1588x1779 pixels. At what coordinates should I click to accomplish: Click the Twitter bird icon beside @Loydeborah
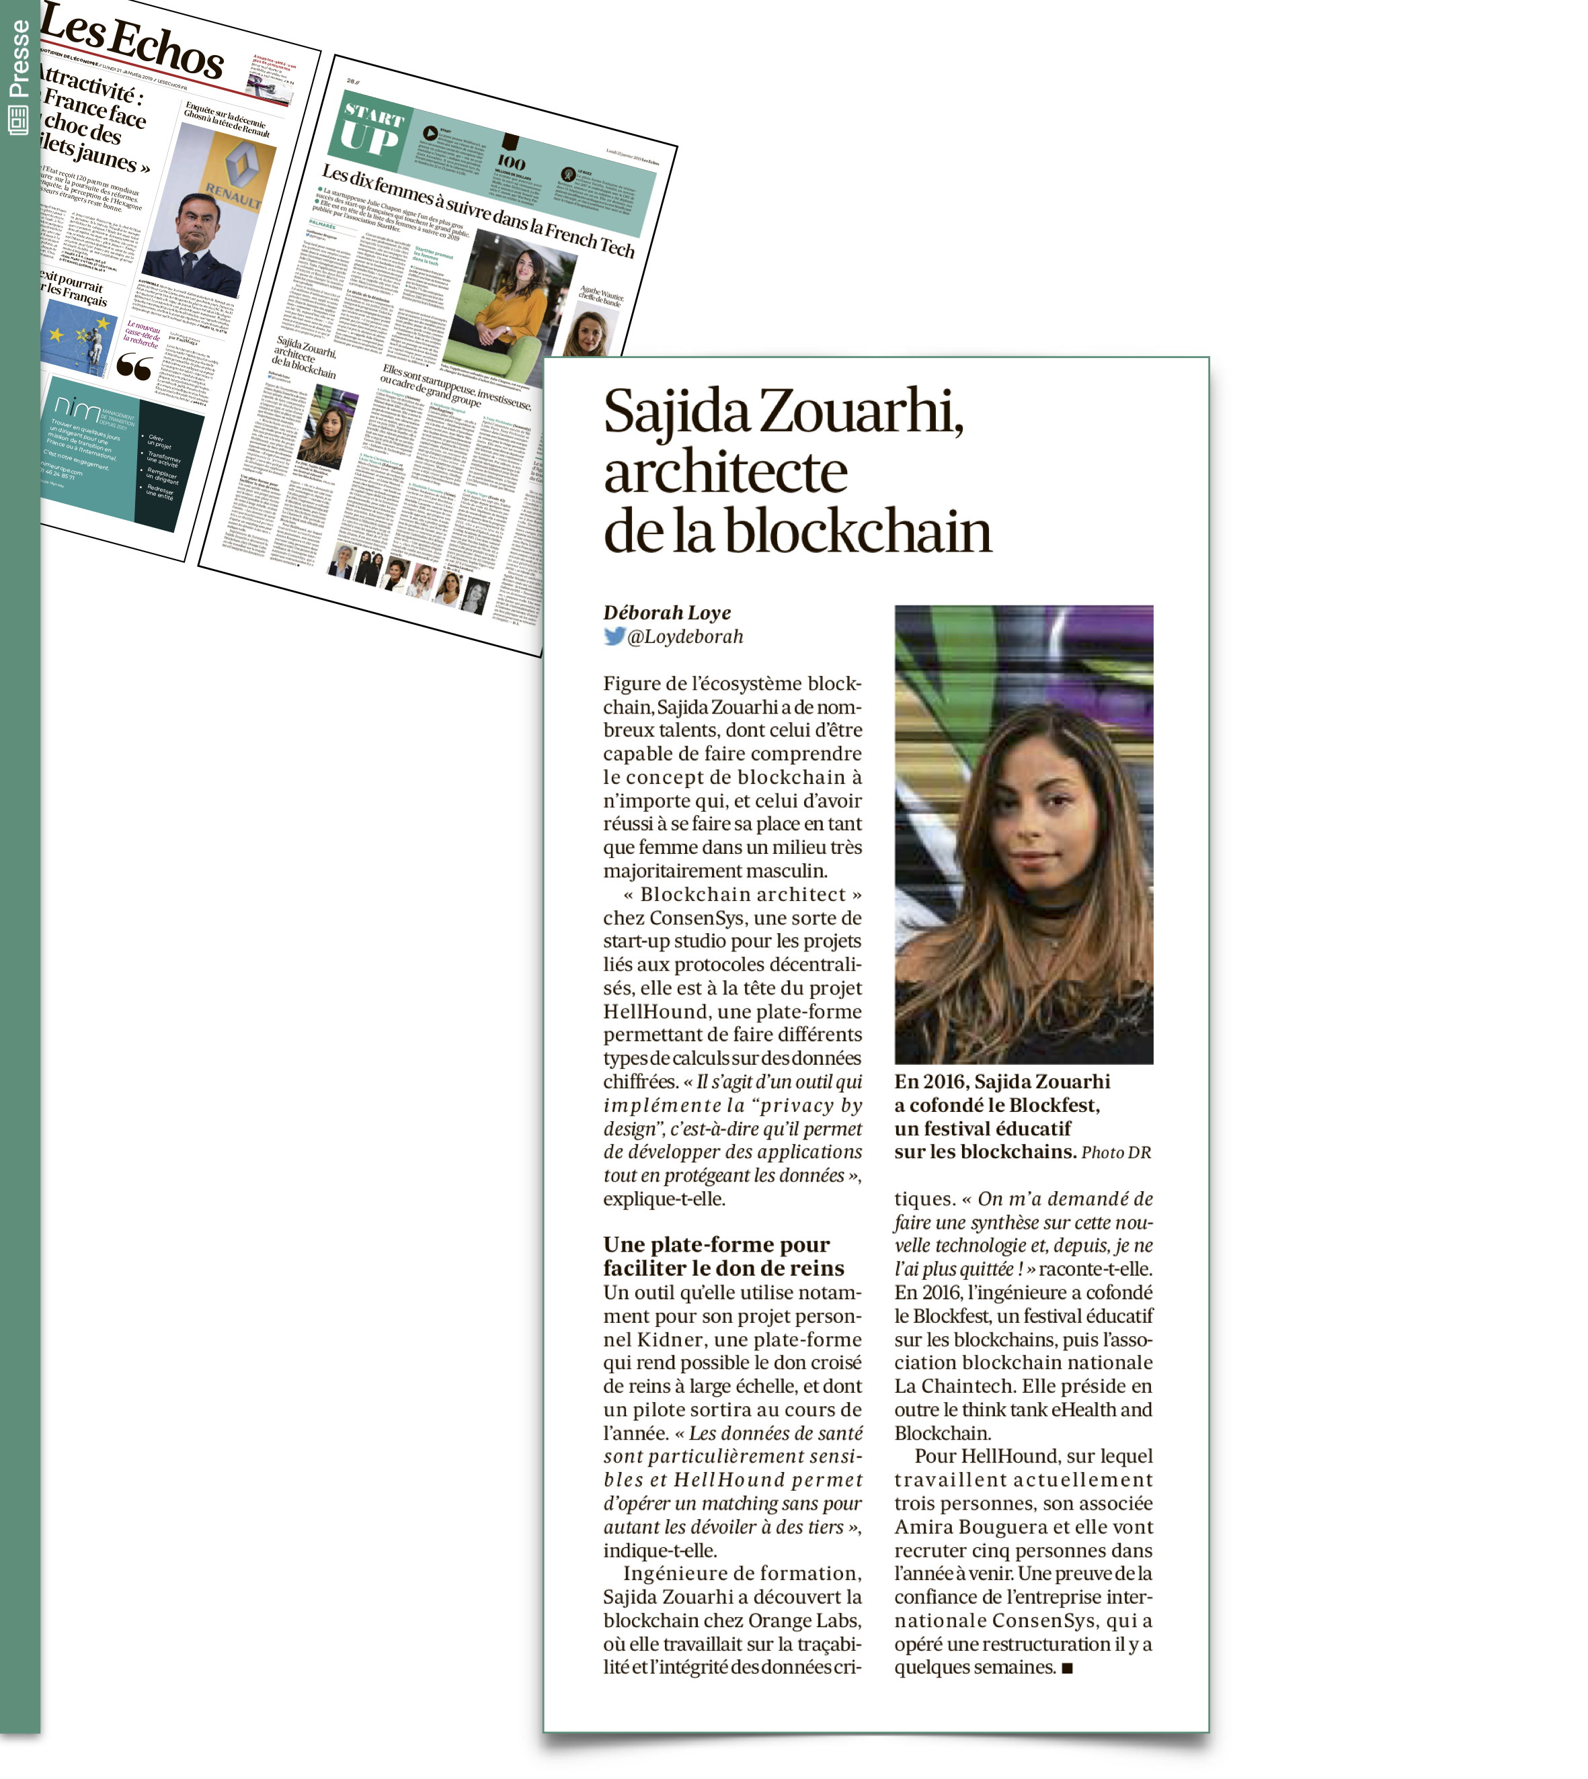(x=614, y=637)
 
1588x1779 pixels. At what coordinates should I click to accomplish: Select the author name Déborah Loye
(x=667, y=613)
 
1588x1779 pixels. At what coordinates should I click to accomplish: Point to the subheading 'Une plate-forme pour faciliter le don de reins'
(x=723, y=1256)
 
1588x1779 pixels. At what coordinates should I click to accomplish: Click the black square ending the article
(x=1067, y=1668)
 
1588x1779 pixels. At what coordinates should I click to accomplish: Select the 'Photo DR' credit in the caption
(x=1116, y=1153)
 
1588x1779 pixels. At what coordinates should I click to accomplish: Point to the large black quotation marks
(x=134, y=367)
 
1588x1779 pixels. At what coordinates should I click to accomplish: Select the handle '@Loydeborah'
(x=685, y=637)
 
